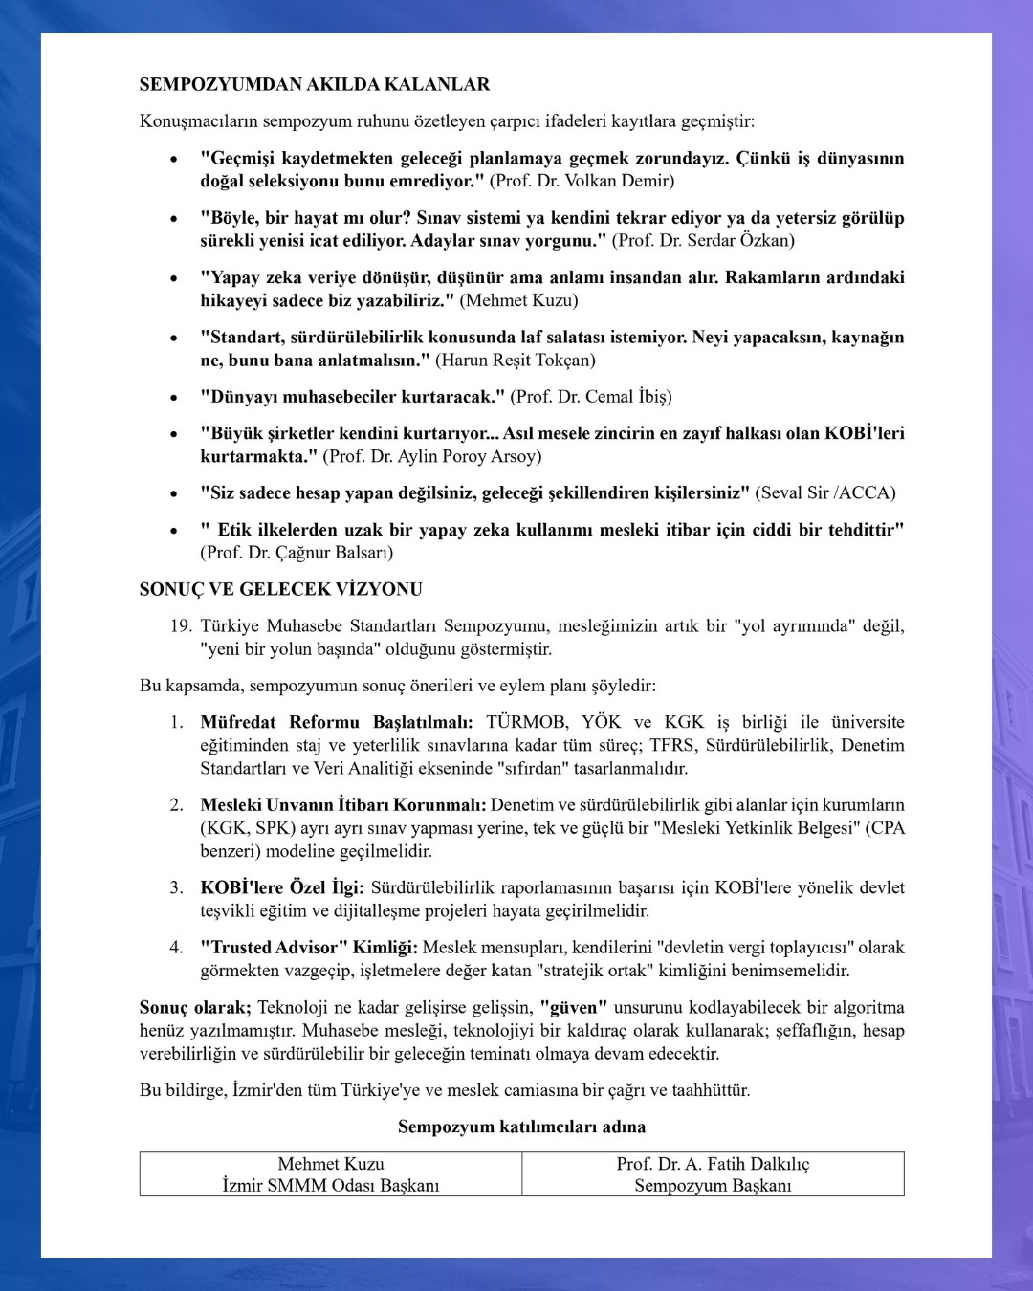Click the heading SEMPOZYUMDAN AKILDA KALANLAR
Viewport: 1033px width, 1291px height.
coord(315,84)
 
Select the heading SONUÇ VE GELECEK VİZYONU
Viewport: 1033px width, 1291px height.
coord(281,589)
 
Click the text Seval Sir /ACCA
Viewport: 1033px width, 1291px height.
coord(825,492)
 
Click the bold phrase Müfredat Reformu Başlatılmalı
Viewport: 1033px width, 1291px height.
coord(336,722)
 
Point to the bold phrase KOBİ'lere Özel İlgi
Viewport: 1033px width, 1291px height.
coord(281,887)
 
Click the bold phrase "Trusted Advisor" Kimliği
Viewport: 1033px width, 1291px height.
coord(308,947)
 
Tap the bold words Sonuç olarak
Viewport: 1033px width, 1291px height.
coord(194,1007)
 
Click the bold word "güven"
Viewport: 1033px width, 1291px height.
coord(574,1007)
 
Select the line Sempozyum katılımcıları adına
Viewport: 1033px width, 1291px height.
coord(521,1127)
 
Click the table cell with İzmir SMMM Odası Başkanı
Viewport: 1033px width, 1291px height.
coord(331,1174)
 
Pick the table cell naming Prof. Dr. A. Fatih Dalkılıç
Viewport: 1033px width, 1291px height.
coord(713,1174)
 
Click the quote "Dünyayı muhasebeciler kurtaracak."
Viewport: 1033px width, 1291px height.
coord(352,396)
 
